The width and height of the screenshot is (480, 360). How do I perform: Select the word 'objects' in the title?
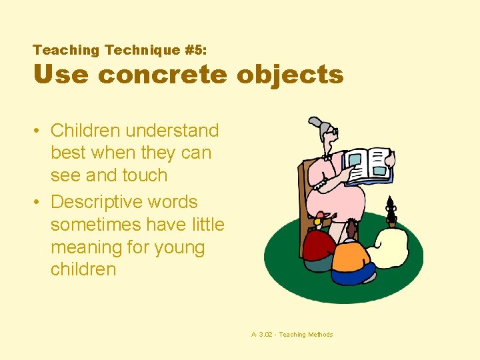click(x=289, y=75)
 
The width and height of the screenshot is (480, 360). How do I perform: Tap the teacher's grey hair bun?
click(x=315, y=123)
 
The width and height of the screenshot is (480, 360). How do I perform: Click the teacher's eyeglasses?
click(x=331, y=134)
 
